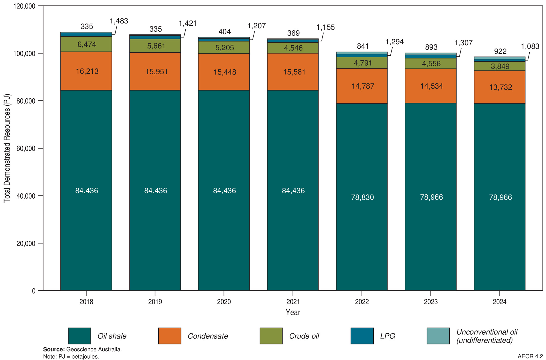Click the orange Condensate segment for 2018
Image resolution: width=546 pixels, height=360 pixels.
pos(86,71)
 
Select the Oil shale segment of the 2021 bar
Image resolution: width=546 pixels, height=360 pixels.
pos(293,190)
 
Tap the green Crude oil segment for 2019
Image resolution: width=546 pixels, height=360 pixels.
pos(155,46)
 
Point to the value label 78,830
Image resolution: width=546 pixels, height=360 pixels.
pos(363,197)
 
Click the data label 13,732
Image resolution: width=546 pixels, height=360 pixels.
pos(501,87)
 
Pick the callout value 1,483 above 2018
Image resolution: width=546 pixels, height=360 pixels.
pos(119,21)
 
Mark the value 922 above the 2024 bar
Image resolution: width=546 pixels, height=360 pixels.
pos(500,51)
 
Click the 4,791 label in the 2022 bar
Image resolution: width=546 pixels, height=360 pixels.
pos(363,63)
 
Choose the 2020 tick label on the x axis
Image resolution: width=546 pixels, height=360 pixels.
pos(224,302)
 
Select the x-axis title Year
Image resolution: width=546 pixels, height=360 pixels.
pos(293,312)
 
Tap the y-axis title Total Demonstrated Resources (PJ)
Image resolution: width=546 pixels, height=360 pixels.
pos(7,148)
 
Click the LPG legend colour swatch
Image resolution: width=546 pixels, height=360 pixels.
pos(362,336)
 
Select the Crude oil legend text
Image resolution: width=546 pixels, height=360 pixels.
pos(304,336)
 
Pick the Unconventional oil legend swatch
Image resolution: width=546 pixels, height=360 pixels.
pos(438,336)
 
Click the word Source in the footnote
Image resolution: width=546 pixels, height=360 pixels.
pos(54,349)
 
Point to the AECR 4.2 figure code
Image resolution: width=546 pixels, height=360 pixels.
pos(530,356)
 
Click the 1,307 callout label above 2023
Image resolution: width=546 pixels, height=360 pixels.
pos(463,43)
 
